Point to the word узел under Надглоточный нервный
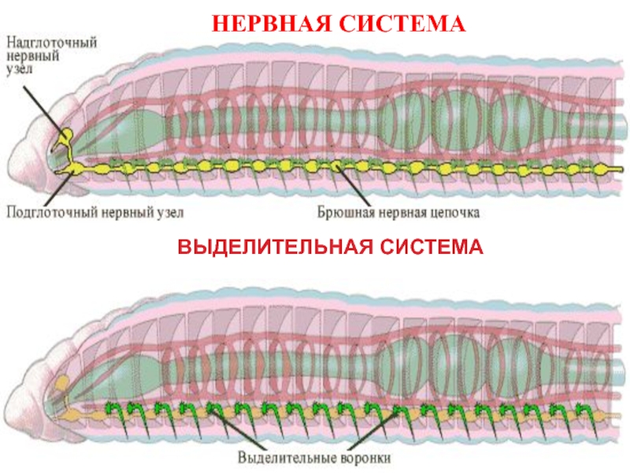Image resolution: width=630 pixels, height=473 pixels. point(24,70)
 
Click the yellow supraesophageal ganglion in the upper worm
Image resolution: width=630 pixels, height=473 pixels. point(66,136)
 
